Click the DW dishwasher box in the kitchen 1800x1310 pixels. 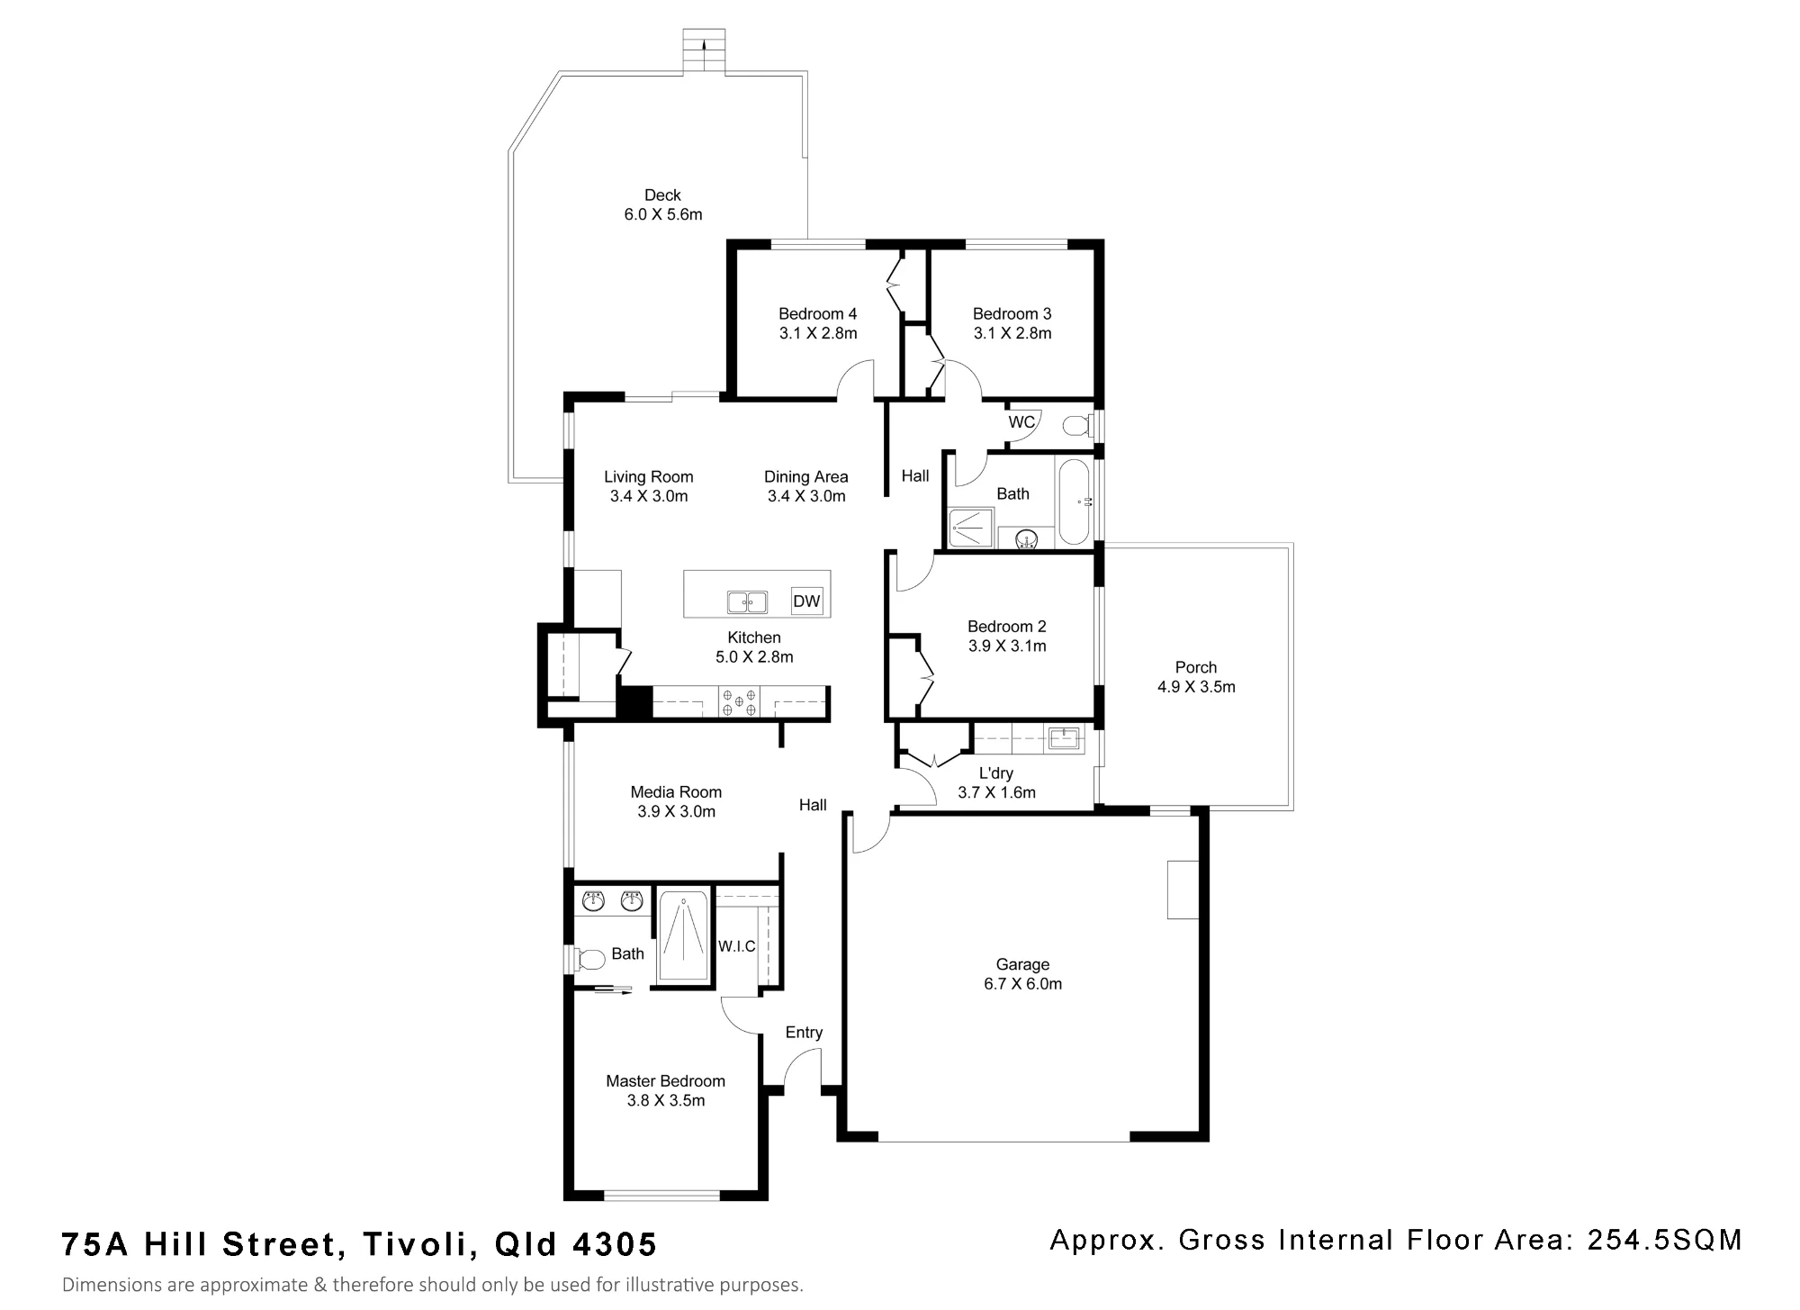point(806,601)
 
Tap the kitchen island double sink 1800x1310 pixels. point(747,601)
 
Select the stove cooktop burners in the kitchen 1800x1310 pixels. point(739,702)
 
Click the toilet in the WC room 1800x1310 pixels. point(1076,424)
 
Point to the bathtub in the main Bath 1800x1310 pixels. point(1074,501)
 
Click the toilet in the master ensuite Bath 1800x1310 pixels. point(589,958)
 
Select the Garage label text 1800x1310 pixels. point(1022,964)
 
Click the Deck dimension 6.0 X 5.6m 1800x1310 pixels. point(663,214)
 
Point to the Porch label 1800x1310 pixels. point(1196,667)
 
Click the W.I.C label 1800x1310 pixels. point(737,946)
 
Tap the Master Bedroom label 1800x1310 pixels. point(665,1081)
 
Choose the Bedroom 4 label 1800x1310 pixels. point(818,313)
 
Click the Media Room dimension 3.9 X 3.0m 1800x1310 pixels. point(677,811)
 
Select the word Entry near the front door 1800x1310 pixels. point(804,1033)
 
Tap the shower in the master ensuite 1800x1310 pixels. point(682,935)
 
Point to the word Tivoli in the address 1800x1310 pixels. point(414,1244)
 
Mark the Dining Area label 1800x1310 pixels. point(806,476)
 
